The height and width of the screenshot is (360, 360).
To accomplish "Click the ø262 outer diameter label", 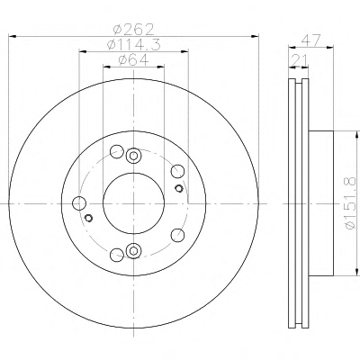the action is [133, 29].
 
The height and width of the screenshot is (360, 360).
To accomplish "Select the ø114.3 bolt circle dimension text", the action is [134, 45].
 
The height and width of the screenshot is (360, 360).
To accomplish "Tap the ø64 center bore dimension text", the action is [133, 60].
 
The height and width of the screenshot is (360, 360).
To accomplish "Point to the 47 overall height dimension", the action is [311, 40].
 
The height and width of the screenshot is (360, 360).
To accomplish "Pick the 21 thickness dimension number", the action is [299, 60].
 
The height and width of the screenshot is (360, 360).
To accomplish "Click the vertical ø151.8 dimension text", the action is [350, 203].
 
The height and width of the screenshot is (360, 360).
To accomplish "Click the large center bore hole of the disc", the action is [133, 203].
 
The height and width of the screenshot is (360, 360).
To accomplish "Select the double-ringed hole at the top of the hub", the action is [133, 156].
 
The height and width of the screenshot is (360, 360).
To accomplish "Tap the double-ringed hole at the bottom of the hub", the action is [133, 251].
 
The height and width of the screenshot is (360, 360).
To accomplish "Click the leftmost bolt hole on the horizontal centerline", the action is [79, 203].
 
